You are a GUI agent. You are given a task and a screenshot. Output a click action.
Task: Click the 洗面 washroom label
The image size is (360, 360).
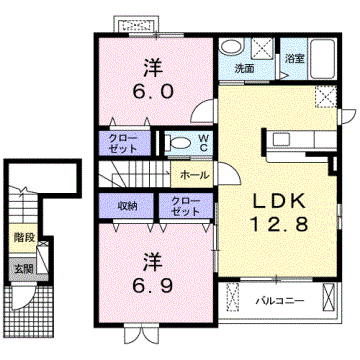[244, 69]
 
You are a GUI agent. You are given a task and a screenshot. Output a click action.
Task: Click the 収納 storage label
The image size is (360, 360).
[126, 206]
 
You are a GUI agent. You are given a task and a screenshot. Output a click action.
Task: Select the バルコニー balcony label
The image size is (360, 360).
[274, 300]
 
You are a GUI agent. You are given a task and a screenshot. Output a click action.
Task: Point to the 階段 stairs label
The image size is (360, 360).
[24, 237]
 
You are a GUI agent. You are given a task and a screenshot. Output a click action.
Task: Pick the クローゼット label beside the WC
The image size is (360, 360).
[124, 142]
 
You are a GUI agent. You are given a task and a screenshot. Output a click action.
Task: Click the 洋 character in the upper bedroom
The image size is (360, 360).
[153, 68]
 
